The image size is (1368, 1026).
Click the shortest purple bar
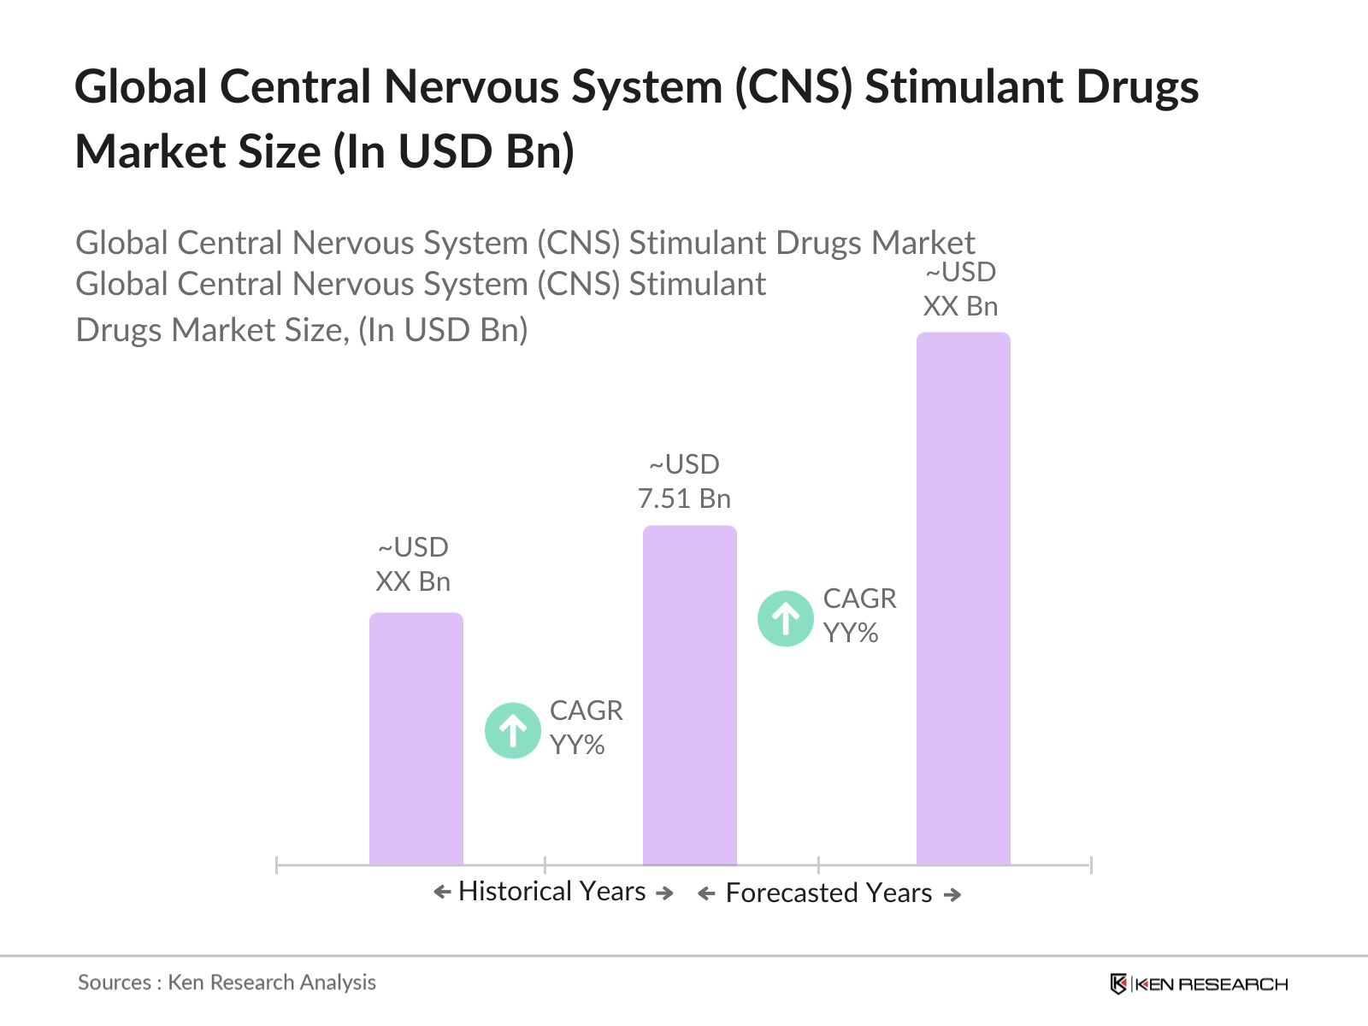click(x=416, y=739)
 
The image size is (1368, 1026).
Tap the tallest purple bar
click(x=963, y=598)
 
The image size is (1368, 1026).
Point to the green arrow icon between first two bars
click(x=512, y=730)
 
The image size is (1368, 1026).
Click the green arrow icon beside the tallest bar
click(x=785, y=618)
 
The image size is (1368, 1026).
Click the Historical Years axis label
click(x=551, y=891)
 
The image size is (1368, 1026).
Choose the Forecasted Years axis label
click(x=828, y=893)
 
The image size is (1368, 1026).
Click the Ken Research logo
click(x=1198, y=984)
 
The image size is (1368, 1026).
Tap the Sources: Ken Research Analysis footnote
click(x=227, y=982)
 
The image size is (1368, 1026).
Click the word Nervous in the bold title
click(x=470, y=87)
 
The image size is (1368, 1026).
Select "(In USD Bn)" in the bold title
click(x=453, y=152)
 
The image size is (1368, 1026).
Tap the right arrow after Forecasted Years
click(x=952, y=894)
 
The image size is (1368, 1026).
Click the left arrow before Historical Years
click(x=442, y=892)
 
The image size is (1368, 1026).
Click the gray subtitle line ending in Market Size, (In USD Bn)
click(x=302, y=330)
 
